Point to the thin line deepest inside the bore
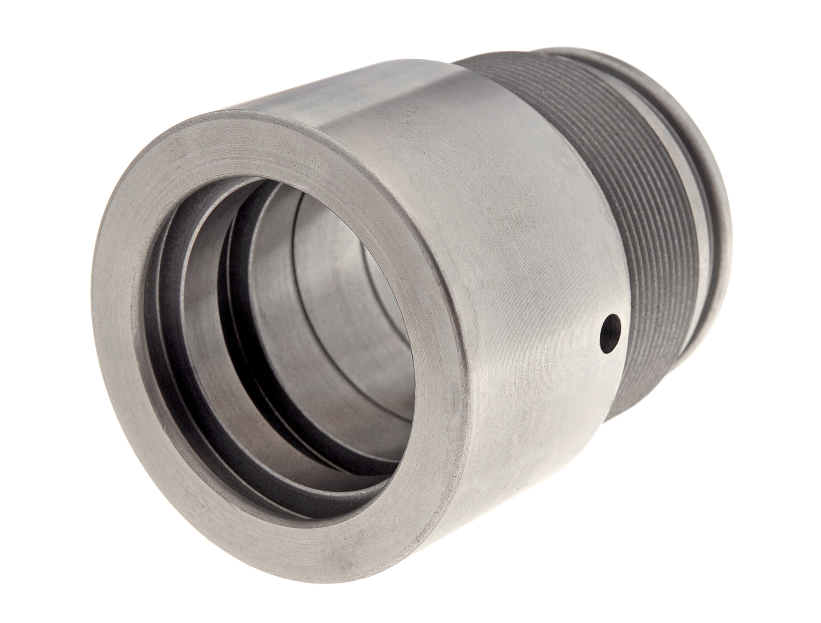point(375,274)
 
